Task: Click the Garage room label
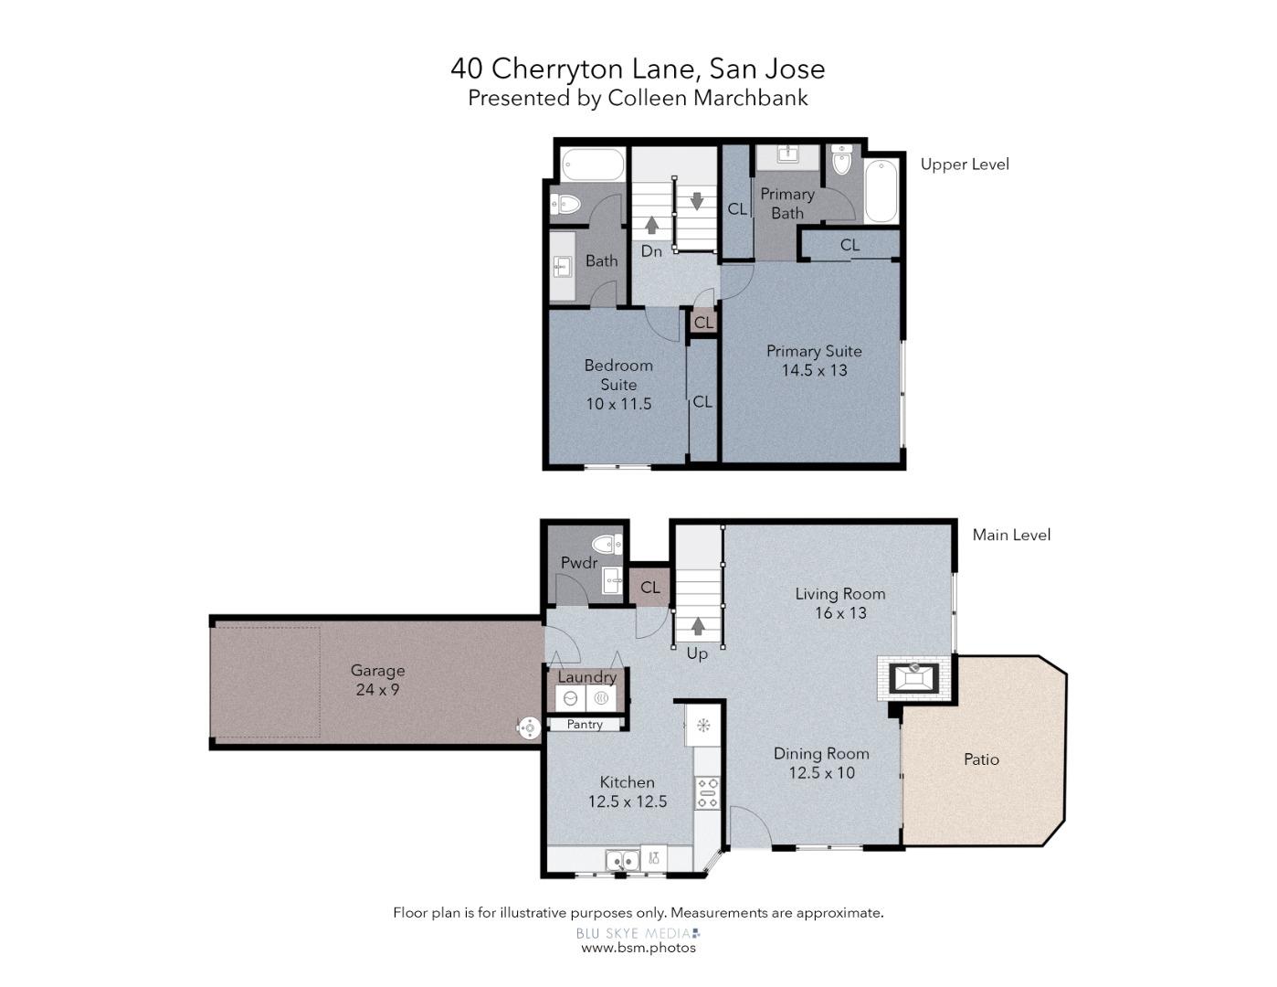point(377,670)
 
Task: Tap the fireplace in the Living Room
point(913,678)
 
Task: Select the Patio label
point(981,759)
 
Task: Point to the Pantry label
point(585,724)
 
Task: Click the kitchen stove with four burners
point(708,793)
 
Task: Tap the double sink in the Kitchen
point(623,861)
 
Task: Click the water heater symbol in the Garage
point(529,727)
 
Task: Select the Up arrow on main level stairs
point(698,626)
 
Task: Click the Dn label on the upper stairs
point(651,251)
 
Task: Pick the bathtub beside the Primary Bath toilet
point(881,190)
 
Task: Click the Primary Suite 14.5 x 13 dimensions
point(815,370)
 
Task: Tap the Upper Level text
point(965,164)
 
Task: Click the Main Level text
point(1011,535)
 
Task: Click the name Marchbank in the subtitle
point(751,98)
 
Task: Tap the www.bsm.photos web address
point(638,948)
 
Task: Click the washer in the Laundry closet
point(570,698)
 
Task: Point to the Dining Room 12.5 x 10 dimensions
point(821,772)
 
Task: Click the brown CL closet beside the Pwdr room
point(650,587)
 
